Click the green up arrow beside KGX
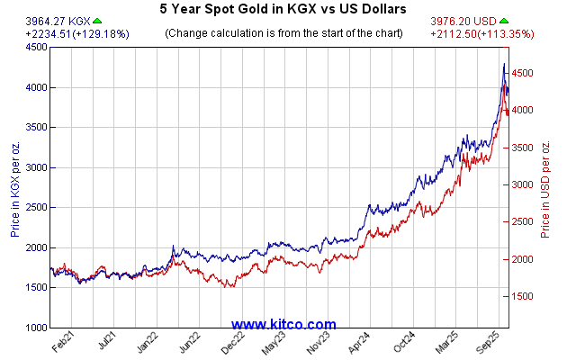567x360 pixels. [x=97, y=21]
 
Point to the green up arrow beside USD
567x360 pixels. [x=505, y=21]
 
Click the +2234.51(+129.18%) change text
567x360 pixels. [x=66, y=33]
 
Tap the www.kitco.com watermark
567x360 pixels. [x=283, y=324]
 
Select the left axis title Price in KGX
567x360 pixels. [x=15, y=187]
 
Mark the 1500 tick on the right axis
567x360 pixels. [x=525, y=296]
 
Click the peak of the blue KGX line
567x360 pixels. [x=504, y=64]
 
